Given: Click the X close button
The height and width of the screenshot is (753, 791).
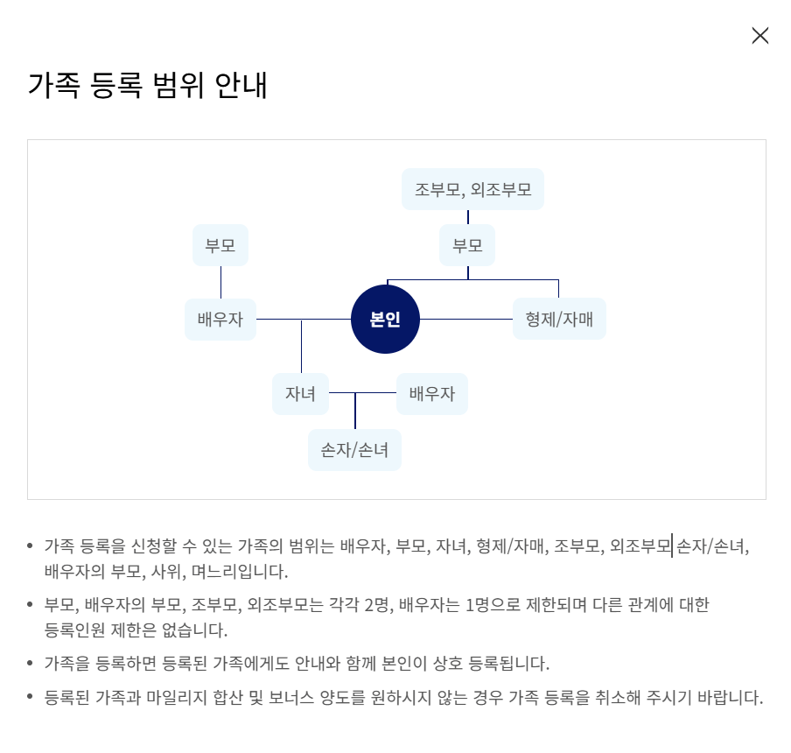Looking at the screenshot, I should pos(759,36).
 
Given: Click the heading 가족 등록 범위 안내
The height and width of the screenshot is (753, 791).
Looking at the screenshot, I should pos(147,86).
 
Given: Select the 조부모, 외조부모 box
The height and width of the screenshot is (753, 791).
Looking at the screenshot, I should pos(472,189).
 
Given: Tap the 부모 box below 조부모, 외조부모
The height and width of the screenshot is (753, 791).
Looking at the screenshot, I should pos(467,245).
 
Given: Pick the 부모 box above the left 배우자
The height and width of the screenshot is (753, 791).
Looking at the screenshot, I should pos(220,245).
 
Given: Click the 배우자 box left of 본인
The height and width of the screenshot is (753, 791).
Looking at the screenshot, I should pos(220,320).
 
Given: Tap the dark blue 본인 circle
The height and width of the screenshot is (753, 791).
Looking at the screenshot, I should pos(385,320).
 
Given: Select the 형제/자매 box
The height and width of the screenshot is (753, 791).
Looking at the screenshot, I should pos(559,320).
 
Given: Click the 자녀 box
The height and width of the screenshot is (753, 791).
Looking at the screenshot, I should pos(300,394).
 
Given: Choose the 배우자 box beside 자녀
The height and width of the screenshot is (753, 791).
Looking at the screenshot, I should pos(432,394).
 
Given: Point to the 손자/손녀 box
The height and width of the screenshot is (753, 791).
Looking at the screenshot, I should pos(354,450).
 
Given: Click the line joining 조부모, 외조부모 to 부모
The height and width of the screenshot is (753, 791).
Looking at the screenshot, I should pos(468,217).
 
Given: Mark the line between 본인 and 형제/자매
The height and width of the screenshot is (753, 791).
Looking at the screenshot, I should pos(466,320).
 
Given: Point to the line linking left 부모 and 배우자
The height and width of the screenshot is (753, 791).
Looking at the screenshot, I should pos(220,282).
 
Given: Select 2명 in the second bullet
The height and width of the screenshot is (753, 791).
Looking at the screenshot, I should pos(384,604).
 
